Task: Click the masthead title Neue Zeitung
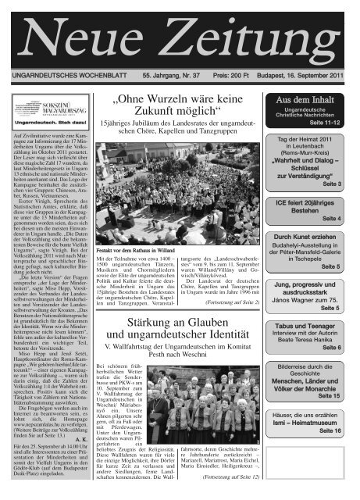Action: [180, 33]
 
